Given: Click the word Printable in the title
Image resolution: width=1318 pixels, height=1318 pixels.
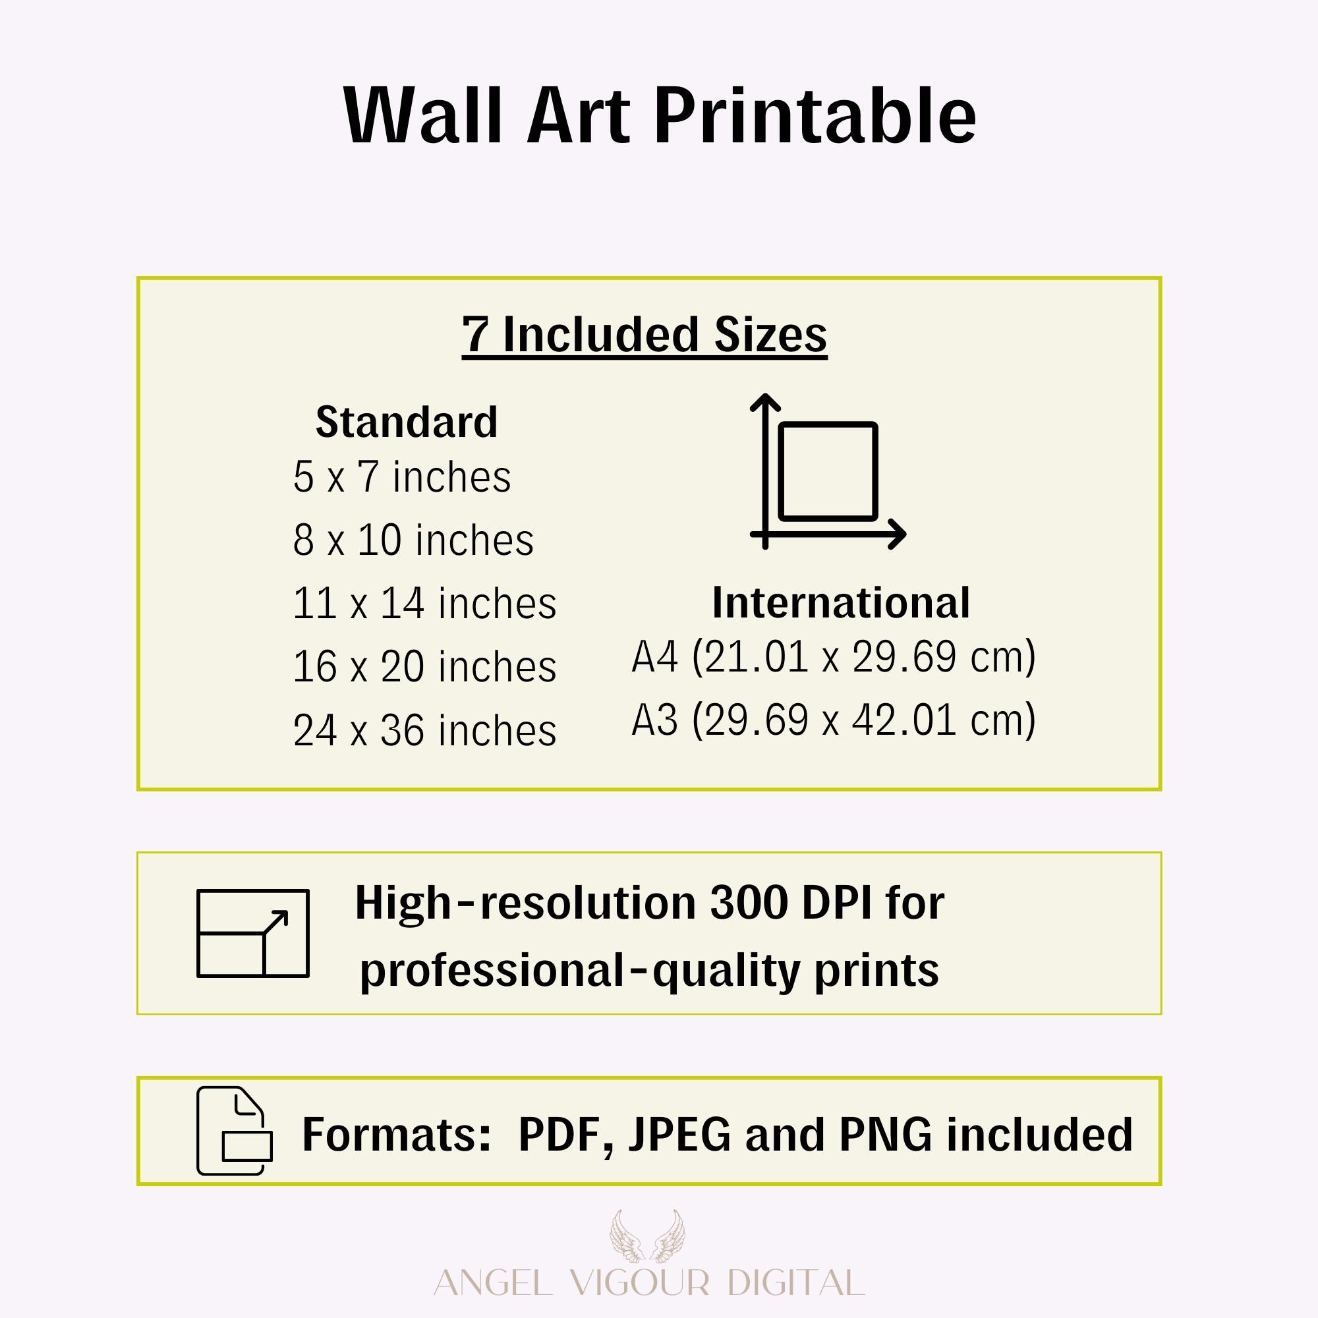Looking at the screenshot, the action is tap(815, 116).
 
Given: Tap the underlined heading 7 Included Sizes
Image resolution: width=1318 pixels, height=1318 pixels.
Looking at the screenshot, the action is tap(644, 335).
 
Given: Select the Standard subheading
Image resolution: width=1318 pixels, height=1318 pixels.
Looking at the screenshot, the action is tap(407, 422).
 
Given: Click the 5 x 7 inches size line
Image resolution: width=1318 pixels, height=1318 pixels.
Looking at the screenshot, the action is tap(402, 477).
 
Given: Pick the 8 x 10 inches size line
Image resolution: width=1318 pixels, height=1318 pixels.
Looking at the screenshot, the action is tap(413, 540).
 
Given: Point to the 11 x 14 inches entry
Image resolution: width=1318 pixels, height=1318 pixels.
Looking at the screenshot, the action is tap(424, 604).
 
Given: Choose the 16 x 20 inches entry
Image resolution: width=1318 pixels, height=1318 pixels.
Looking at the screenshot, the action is tap(424, 666).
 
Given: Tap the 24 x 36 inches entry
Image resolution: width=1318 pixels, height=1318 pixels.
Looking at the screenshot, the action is tap(424, 730).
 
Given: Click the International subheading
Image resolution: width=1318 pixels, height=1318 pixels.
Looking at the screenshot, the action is tap(840, 602).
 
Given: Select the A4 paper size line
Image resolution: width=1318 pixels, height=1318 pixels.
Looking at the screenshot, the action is tap(834, 658).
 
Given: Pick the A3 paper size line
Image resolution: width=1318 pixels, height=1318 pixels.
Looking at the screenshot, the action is tap(834, 720).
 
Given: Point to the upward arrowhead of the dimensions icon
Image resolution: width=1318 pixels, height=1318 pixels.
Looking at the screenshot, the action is tap(764, 401).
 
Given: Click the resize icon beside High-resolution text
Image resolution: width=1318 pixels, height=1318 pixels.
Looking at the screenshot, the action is tap(253, 933).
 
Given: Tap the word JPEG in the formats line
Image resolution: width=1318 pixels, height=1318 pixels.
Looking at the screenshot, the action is tap(679, 1135).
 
